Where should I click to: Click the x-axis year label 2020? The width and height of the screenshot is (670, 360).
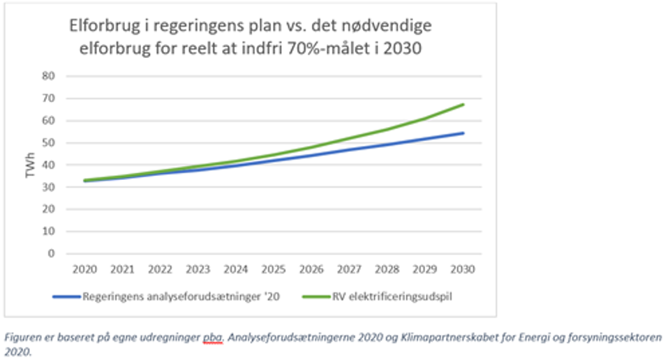tap(84, 269)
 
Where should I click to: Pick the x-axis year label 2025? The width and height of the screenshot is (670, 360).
tap(273, 269)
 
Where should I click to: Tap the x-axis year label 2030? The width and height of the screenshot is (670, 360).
tap(463, 269)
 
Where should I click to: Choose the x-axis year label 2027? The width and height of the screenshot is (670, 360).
tap(349, 269)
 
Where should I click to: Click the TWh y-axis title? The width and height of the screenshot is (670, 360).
tap(30, 165)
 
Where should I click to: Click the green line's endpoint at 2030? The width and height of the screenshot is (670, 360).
tap(463, 105)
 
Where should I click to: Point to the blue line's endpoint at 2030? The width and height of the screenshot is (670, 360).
tap(463, 133)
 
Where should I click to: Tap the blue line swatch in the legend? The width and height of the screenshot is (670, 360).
tap(67, 296)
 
